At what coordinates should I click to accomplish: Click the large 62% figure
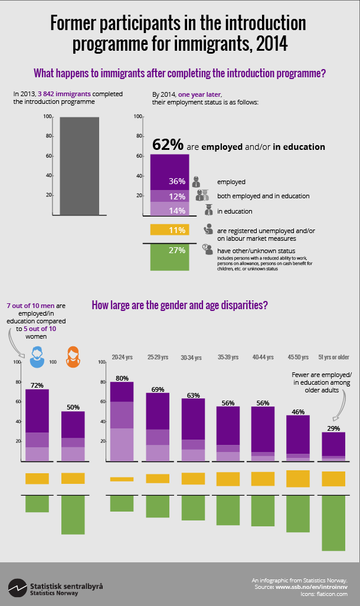pyautogui.click(x=168, y=145)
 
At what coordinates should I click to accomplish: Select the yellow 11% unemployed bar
pyautogui.click(x=169, y=230)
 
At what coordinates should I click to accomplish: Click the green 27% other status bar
pyautogui.click(x=169, y=257)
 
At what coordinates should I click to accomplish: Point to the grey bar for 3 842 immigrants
pyautogui.click(x=80, y=166)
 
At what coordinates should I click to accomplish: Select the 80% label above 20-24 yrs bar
pyautogui.click(x=122, y=378)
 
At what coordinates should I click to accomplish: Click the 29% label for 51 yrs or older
pyautogui.click(x=333, y=428)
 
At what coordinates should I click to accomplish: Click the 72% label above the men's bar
pyautogui.click(x=37, y=385)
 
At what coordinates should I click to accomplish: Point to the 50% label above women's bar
pyautogui.click(x=74, y=407)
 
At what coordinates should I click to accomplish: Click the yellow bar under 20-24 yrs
pyautogui.click(x=122, y=479)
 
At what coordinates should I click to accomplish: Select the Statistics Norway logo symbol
pyautogui.click(x=17, y=588)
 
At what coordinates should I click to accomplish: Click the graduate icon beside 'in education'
pyautogui.click(x=208, y=210)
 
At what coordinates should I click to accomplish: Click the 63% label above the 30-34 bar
pyautogui.click(x=192, y=395)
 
